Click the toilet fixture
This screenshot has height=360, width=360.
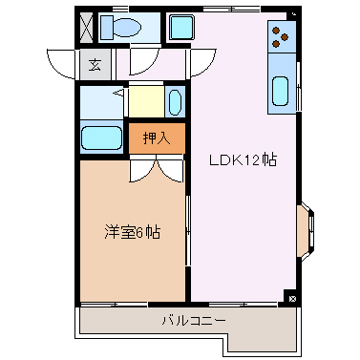tap(125, 28)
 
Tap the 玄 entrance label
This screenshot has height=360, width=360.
tap(95, 65)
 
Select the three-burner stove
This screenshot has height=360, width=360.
tap(281, 35)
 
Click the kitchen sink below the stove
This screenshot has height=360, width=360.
tap(281, 92)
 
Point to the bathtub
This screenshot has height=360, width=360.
tap(102, 138)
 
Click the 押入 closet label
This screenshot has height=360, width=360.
tap(157, 138)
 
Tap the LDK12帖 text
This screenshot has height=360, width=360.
tap(244, 160)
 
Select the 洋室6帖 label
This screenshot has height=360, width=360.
tap(132, 231)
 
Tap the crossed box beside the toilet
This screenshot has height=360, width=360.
tap(87, 26)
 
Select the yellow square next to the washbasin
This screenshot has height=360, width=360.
tap(146, 101)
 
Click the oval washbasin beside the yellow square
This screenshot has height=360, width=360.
tap(175, 101)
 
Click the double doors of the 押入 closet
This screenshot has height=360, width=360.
tap(157, 167)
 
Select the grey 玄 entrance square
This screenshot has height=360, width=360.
tap(95, 65)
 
